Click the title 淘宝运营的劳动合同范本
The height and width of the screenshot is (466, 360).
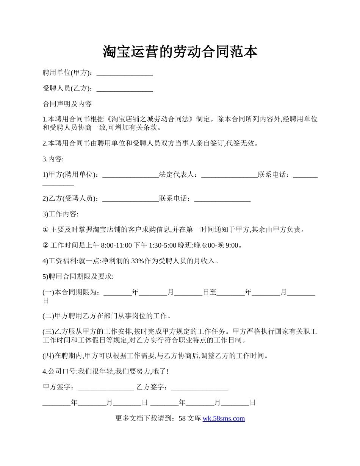[180, 52]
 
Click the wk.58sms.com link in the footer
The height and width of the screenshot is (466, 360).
[224, 419]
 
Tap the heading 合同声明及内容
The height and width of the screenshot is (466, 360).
[67, 104]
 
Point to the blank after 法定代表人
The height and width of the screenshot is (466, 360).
[229, 175]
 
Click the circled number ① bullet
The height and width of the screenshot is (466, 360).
[46, 230]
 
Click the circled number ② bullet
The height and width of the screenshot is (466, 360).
[46, 246]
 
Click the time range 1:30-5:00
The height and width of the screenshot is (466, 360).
[163, 246]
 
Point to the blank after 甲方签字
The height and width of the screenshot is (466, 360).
[105, 387]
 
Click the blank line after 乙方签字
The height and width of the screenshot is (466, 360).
[199, 387]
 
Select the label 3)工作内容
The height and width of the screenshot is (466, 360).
[61, 214]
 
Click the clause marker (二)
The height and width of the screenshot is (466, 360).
[49, 316]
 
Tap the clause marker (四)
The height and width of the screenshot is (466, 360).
[49, 356]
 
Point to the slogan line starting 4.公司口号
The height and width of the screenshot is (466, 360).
[106, 371]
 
